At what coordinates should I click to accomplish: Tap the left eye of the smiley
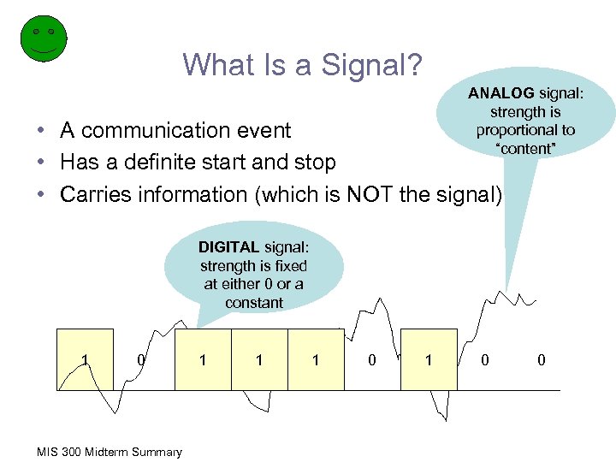pyautogui.click(x=35, y=31)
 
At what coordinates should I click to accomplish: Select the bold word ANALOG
pyautogui.click(x=500, y=94)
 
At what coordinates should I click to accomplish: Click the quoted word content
pyautogui.click(x=525, y=149)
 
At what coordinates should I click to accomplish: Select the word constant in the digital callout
pyautogui.click(x=254, y=303)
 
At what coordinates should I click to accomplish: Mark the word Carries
pyautogui.click(x=93, y=194)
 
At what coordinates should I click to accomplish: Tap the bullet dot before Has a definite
pyautogui.click(x=41, y=163)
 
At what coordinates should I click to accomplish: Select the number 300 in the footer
pyautogui.click(x=68, y=452)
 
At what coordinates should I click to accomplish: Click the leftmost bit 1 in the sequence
pyautogui.click(x=85, y=360)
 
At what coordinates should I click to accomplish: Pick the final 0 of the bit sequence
pyautogui.click(x=541, y=360)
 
